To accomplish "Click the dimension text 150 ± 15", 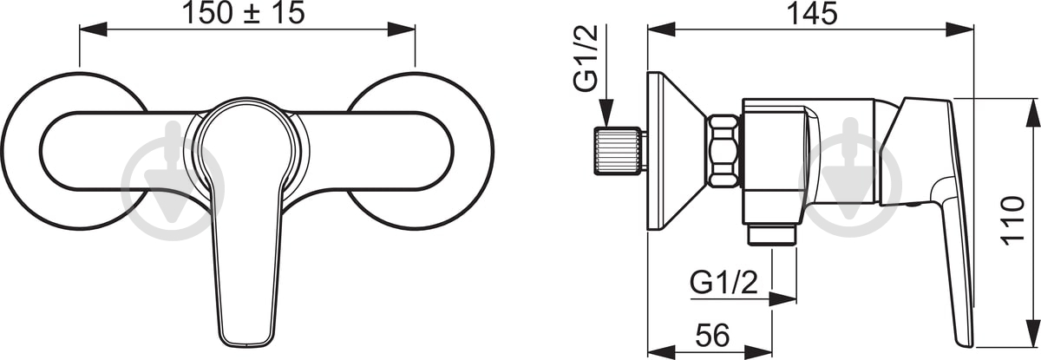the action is pos(244,13).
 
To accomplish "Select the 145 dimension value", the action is pos(812,14).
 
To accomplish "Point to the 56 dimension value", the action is pos(713,336).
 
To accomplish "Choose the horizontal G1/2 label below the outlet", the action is pos(723,283).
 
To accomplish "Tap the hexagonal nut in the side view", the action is pos(723,152).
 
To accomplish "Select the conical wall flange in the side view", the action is pos(676,151).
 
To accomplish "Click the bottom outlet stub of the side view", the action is pos(772,235).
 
